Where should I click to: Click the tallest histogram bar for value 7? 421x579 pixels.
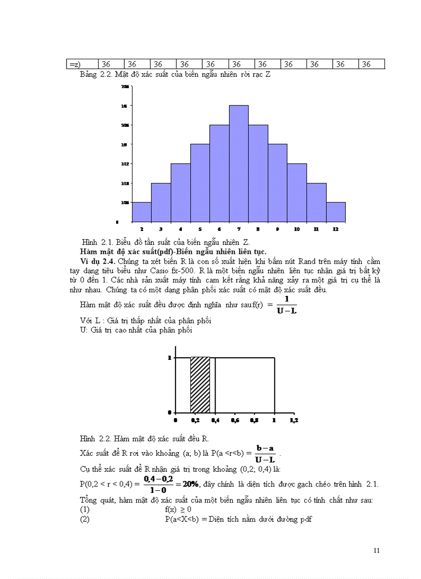tap(239, 163)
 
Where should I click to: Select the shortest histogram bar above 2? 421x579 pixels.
tap(141, 211)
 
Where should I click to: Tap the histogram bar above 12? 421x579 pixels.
tap(336, 211)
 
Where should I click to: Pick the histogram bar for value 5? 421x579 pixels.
tap(200, 183)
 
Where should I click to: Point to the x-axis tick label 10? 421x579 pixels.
tap(297, 229)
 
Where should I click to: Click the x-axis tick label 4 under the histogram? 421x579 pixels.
tap(181, 229)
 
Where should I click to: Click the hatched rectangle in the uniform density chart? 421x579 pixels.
tap(200, 385)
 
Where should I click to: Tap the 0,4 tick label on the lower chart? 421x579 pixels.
tap(215, 420)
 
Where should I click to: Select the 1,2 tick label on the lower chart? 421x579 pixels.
tap(294, 420)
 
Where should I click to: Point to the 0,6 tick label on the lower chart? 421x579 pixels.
tap(235, 420)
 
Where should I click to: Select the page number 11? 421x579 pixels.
tap(377, 551)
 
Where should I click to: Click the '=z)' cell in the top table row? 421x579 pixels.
tap(75, 64)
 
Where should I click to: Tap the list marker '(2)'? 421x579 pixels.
tap(85, 519)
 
